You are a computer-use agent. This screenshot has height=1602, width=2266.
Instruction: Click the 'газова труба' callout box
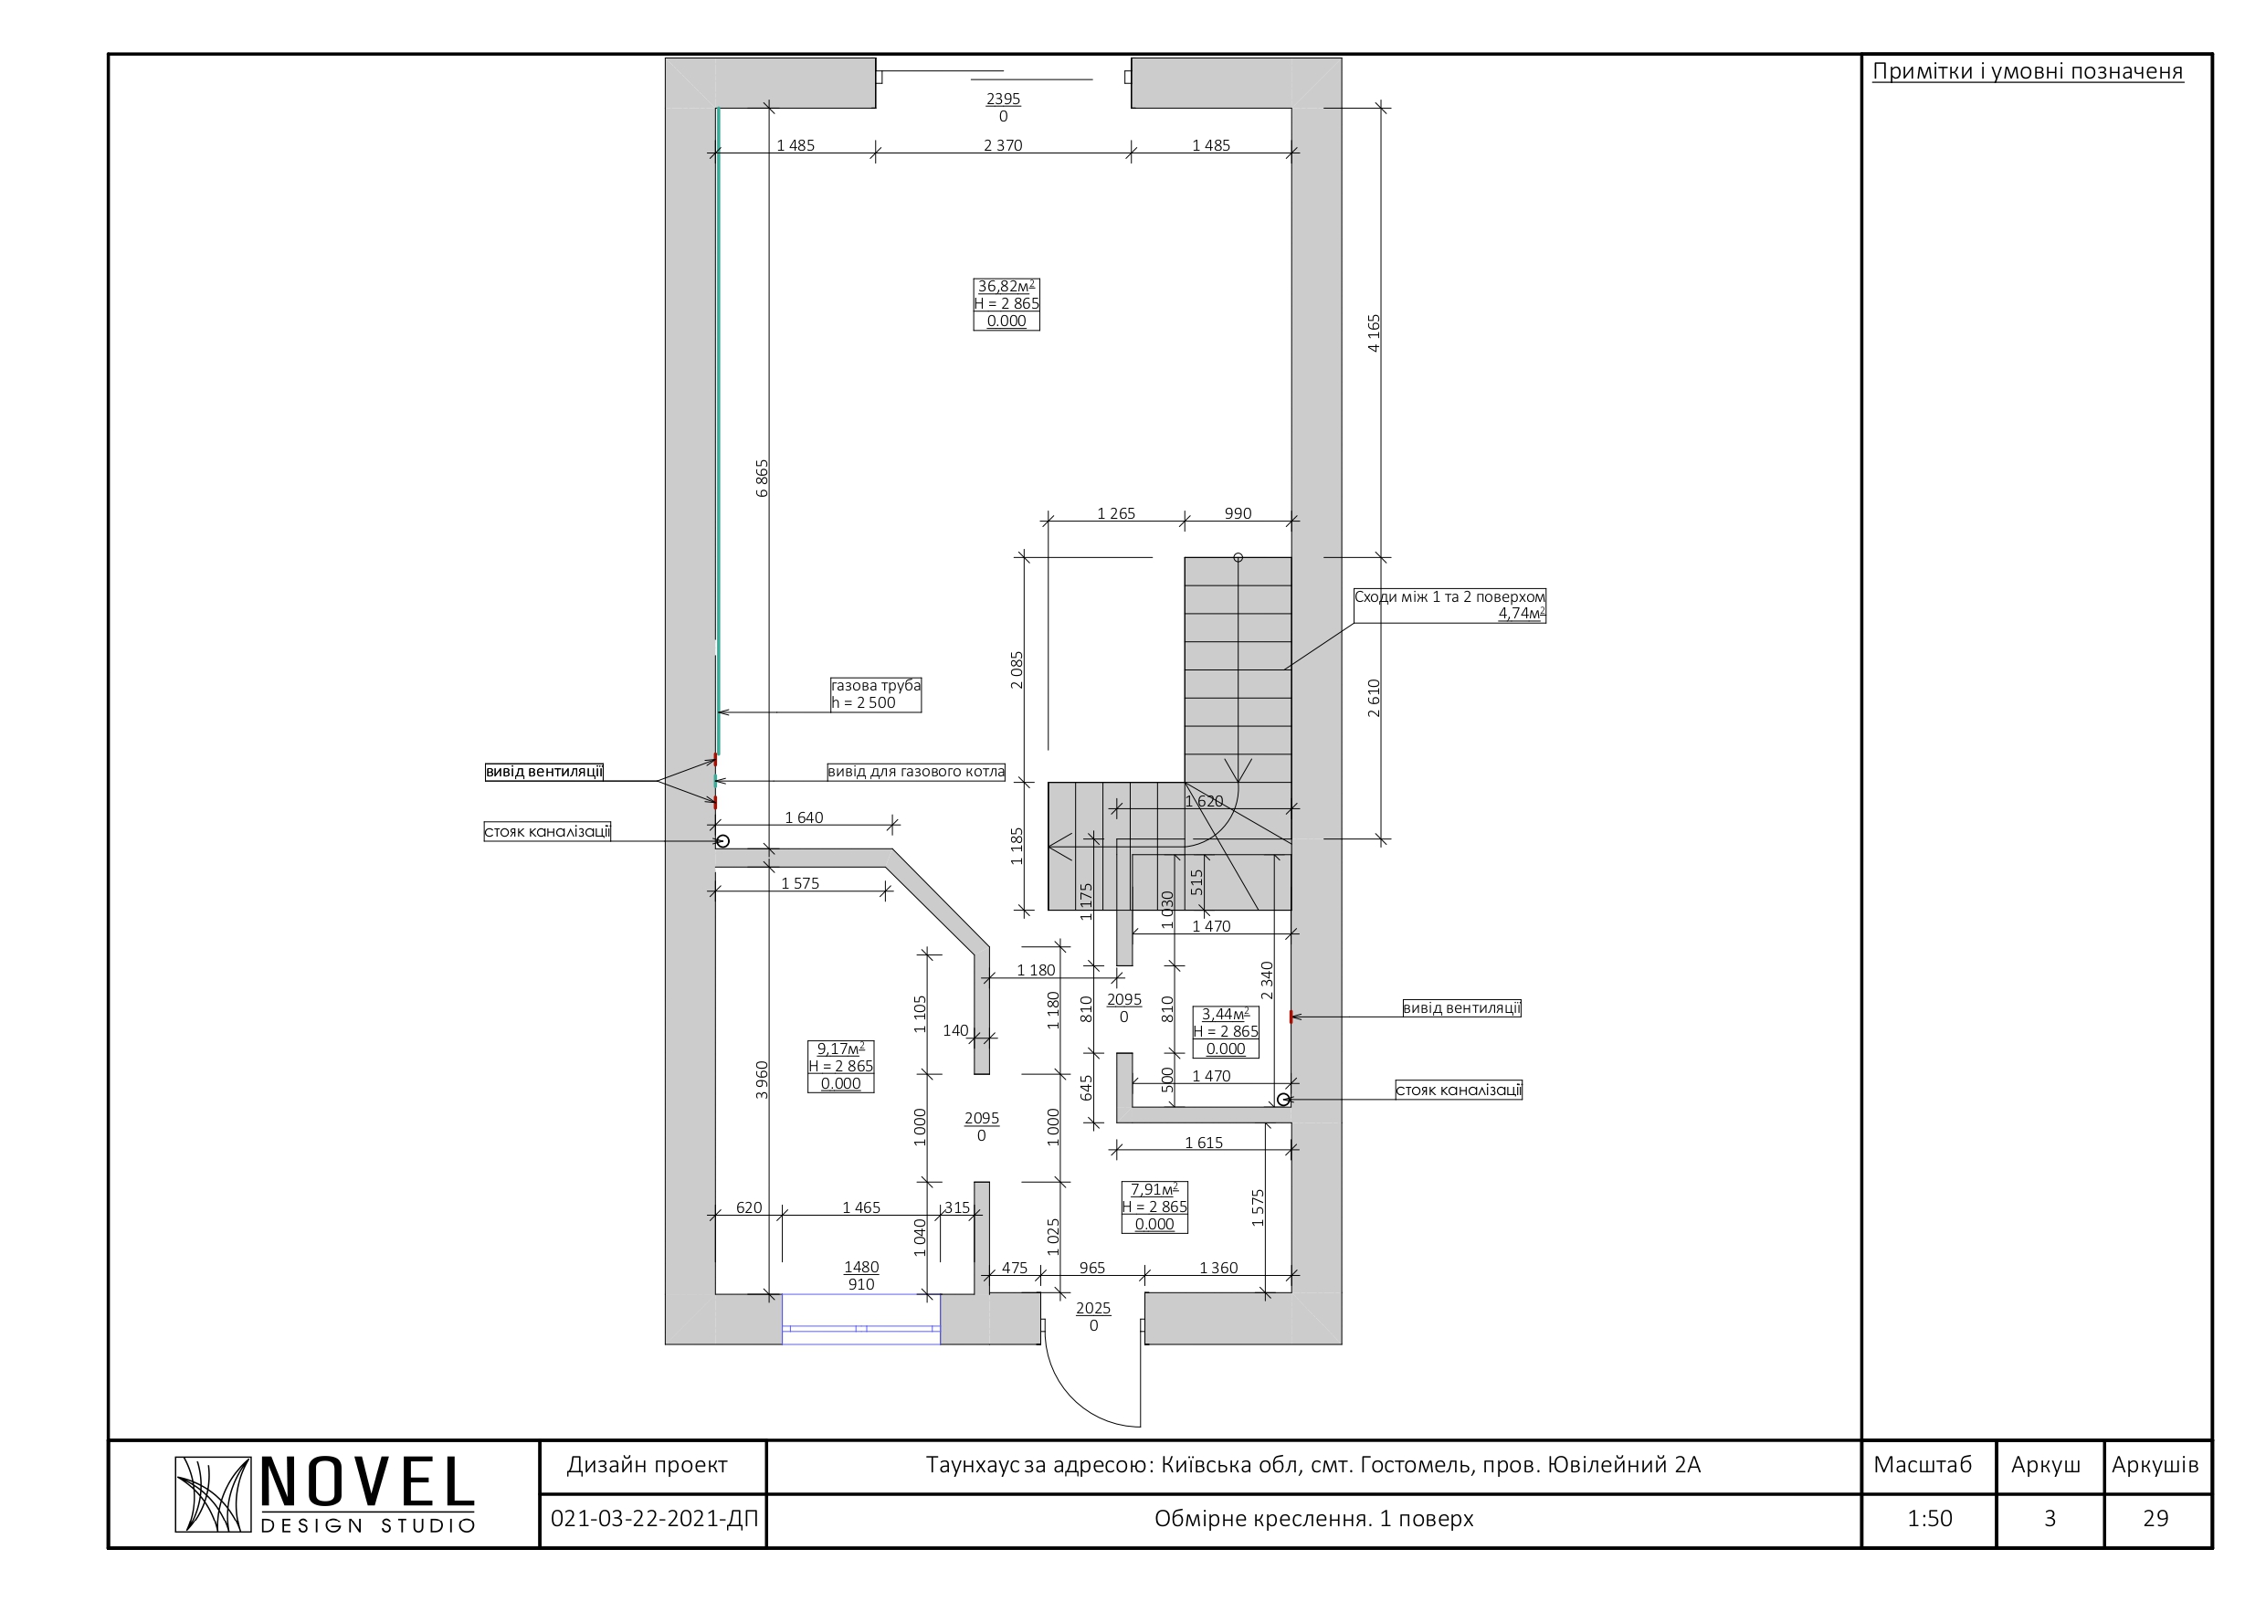(875, 694)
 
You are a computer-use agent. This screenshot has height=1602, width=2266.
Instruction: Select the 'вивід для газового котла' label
(916, 772)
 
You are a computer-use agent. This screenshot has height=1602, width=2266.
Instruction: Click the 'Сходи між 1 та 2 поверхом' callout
(1449, 605)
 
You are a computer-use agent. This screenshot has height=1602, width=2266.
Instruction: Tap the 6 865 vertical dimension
(762, 478)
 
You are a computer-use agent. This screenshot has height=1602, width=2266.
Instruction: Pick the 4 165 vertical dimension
(1374, 333)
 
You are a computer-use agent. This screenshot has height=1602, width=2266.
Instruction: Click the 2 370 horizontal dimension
(1003, 145)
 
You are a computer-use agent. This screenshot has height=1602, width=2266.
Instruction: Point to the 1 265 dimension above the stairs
(1116, 513)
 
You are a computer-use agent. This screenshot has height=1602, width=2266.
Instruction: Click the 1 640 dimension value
(804, 817)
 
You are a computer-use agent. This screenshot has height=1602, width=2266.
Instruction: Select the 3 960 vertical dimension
(762, 1080)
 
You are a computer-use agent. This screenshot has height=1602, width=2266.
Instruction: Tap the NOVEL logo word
(367, 1482)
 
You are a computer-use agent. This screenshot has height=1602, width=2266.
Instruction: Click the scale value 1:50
(1930, 1518)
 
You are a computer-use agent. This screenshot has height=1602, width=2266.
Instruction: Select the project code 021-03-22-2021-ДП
(654, 1518)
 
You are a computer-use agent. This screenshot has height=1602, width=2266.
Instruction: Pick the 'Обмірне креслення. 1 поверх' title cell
(1313, 1518)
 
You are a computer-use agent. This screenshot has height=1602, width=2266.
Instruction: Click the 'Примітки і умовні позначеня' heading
(2029, 71)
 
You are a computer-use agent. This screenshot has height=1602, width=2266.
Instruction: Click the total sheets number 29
(2155, 1518)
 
